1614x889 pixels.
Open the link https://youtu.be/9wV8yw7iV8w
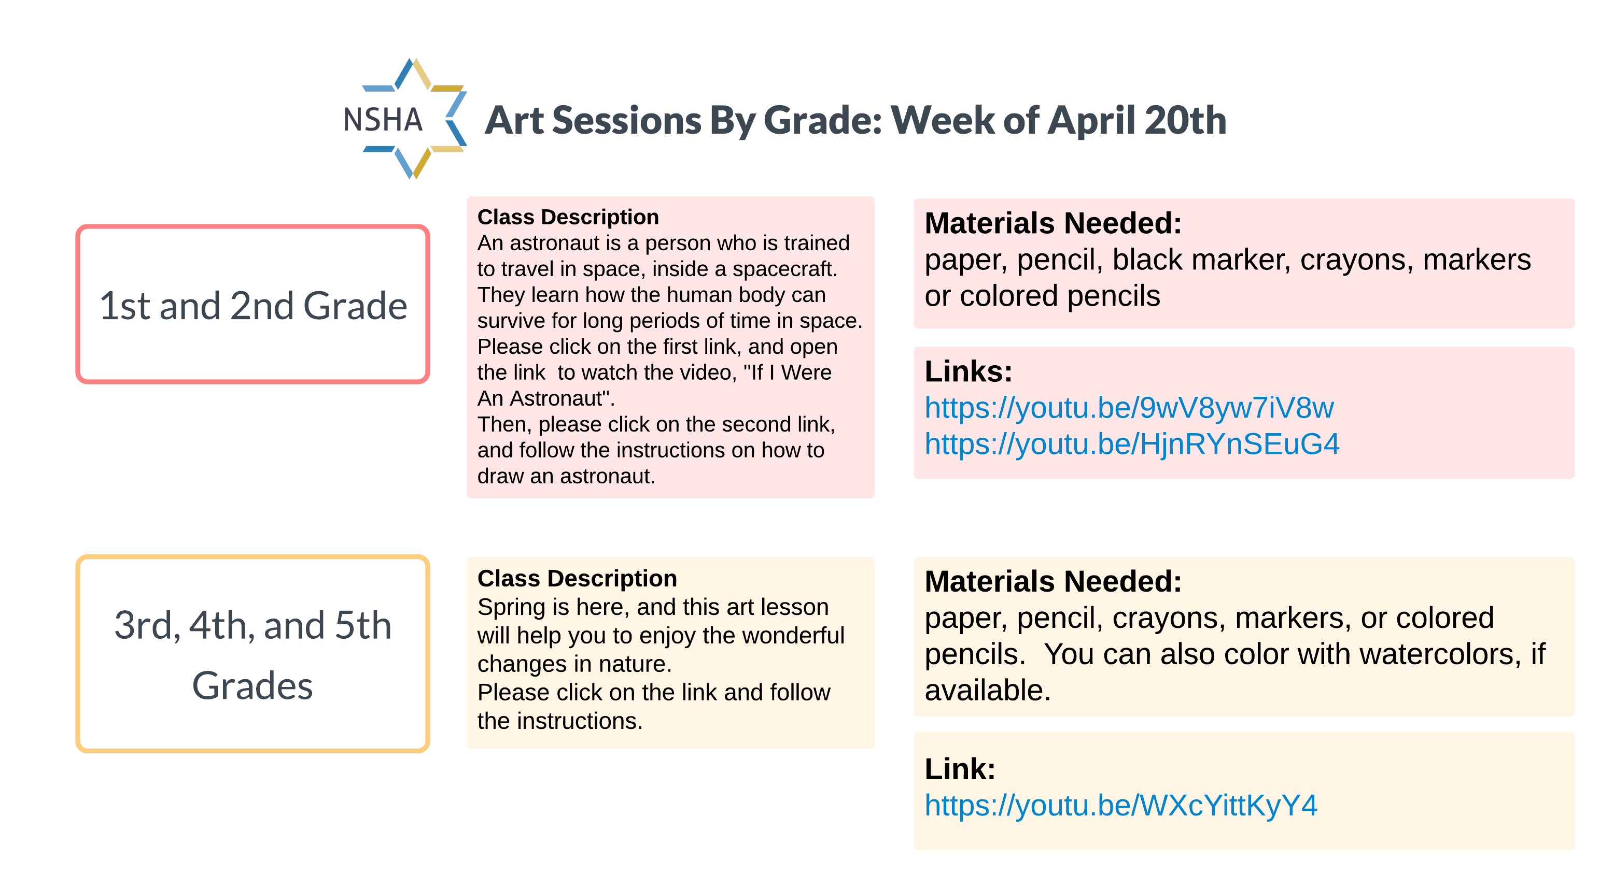[x=1129, y=408]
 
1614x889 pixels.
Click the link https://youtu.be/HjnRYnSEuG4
[x=1131, y=444]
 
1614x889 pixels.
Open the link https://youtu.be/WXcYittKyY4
[x=1121, y=806]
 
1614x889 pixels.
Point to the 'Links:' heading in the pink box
[x=969, y=371]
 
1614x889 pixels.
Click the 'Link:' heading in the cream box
[x=960, y=769]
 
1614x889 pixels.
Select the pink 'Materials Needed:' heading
[x=1053, y=223]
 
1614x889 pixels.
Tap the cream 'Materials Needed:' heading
[x=1053, y=582]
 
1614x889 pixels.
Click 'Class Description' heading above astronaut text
[x=568, y=217]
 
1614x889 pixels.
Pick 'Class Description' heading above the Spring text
[x=577, y=579]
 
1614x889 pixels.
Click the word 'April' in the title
[x=1091, y=120]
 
